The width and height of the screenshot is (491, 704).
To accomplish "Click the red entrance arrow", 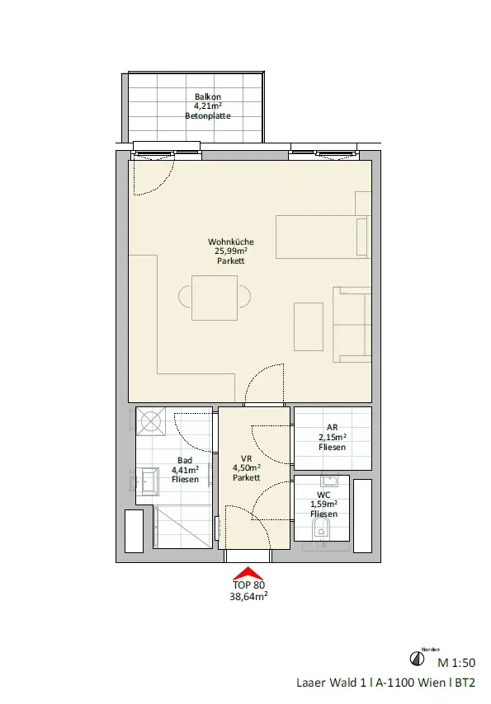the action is (248, 574).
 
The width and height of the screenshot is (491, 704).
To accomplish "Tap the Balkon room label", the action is (208, 96).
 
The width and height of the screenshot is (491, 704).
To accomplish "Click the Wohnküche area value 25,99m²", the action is (231, 251).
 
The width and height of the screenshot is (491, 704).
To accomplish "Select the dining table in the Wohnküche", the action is (215, 298).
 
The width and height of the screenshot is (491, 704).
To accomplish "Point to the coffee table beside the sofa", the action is (309, 326).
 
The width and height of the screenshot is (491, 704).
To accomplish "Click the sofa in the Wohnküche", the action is (352, 325).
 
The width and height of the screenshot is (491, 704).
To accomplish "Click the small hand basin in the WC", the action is (329, 481).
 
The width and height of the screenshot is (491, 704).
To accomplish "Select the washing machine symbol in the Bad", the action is (151, 421).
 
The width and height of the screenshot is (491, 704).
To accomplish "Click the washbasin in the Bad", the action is (150, 481).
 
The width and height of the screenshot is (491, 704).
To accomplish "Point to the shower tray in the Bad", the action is (182, 527).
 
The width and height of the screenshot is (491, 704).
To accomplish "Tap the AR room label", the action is (333, 427).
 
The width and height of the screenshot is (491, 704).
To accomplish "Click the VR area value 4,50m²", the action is (247, 468).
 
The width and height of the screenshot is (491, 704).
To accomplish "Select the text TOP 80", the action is (248, 585).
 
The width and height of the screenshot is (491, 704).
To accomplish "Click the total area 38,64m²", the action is (248, 597).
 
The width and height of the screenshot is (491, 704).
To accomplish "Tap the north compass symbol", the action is (418, 659).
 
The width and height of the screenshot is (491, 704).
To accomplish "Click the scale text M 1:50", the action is (456, 663).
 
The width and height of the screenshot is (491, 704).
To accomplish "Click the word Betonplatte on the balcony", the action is (208, 116).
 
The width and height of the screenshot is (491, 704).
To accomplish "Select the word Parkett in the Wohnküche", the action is (231, 260).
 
